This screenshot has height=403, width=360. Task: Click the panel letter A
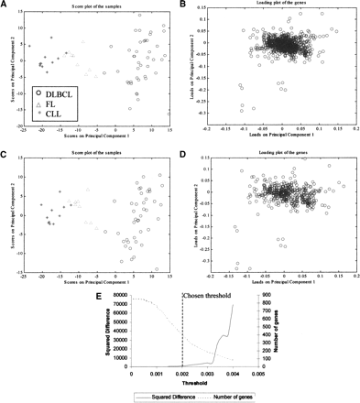(5, 5)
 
